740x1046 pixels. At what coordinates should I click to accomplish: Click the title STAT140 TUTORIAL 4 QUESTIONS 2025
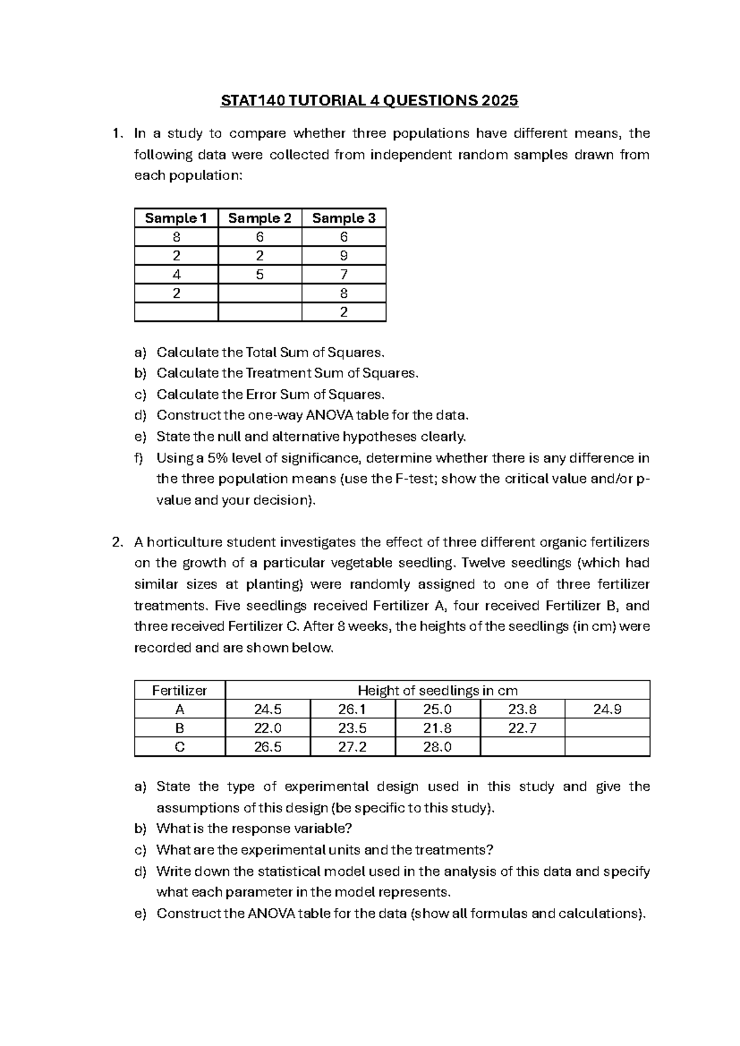point(369,100)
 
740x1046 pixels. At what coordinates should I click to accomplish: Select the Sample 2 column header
point(260,218)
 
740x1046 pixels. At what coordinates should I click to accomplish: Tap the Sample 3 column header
point(343,218)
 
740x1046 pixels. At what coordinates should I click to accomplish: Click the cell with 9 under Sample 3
point(343,256)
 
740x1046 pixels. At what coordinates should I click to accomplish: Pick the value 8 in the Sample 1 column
point(176,237)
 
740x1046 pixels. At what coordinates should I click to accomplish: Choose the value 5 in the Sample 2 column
point(260,274)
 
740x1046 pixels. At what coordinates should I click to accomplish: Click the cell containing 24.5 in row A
point(268,709)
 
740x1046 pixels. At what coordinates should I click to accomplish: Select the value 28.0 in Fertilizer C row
point(437,747)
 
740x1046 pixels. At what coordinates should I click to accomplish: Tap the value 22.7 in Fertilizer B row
point(522,728)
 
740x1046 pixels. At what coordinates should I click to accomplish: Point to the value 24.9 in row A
point(607,709)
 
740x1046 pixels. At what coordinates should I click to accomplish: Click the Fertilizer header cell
point(179,691)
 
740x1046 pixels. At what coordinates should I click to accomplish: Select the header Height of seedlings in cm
point(437,691)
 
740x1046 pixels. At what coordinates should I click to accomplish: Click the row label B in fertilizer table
point(179,728)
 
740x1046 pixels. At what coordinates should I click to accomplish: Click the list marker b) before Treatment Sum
point(141,374)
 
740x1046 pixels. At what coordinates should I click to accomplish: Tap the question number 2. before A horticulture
point(117,543)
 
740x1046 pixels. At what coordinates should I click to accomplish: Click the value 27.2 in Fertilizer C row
point(352,747)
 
